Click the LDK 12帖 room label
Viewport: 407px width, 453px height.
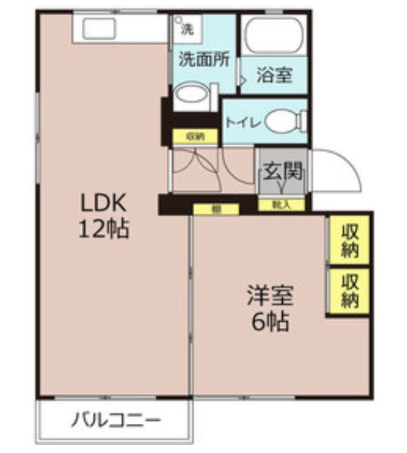(x=104, y=215)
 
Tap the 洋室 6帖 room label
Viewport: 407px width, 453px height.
(x=271, y=309)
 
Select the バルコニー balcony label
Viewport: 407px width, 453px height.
(x=116, y=421)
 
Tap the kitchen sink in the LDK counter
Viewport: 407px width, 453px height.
(x=100, y=29)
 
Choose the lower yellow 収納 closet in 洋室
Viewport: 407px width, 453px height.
(x=349, y=291)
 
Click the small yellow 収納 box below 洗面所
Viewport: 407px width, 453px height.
(x=195, y=136)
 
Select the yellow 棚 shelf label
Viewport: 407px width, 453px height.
(x=216, y=209)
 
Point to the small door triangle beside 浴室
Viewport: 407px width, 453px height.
(x=240, y=77)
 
